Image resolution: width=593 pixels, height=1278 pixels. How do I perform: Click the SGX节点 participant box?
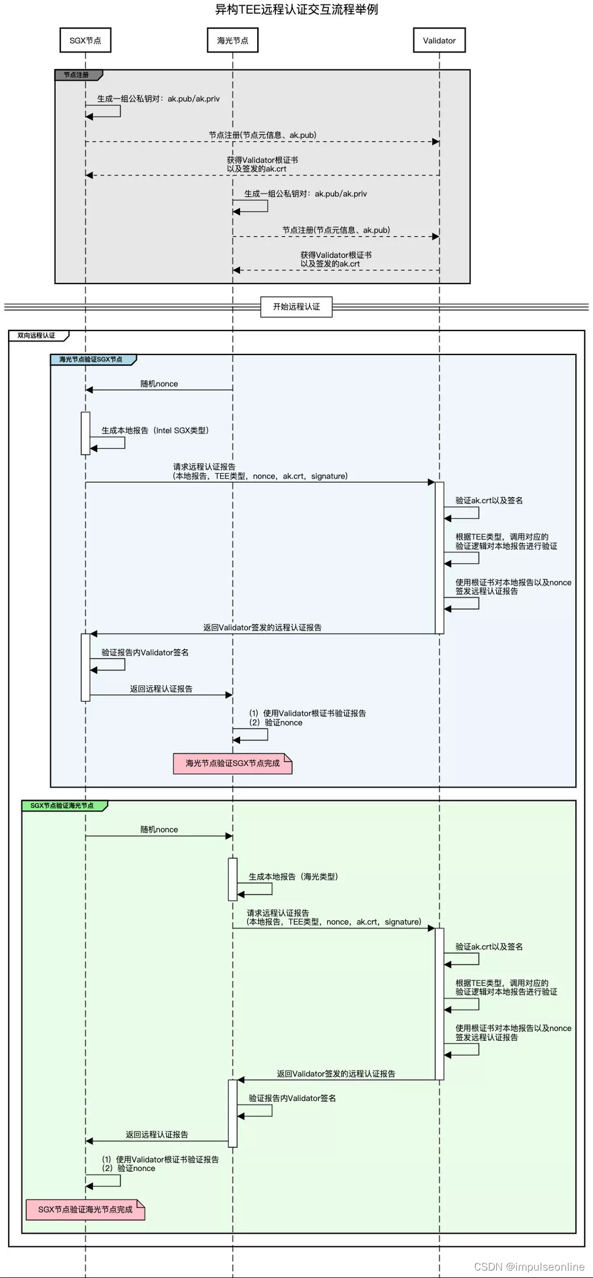pos(85,40)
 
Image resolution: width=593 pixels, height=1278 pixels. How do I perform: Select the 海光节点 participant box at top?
pos(233,40)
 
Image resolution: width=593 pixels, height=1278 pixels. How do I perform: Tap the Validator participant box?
pos(439,40)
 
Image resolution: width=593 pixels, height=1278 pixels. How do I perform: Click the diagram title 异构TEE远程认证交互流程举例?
pos(296,9)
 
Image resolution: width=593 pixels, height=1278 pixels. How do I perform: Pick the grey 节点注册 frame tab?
pos(77,75)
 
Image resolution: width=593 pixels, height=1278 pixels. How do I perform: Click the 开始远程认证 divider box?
pos(296,306)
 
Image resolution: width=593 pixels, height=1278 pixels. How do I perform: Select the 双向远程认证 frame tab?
pos(38,335)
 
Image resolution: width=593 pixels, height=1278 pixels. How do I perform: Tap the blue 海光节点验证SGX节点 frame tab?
pos(92,359)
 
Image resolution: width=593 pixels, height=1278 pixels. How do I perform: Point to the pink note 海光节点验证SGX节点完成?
pos(232,763)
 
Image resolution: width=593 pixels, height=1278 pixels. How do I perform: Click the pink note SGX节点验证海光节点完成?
pos(85,1209)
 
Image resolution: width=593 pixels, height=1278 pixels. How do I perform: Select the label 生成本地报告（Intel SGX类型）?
pos(155,430)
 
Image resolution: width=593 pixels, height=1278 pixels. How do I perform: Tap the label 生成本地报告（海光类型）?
pos(293,876)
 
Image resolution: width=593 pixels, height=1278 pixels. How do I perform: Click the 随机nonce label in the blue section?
pos(159,384)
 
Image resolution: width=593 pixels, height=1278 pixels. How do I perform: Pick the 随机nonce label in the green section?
pos(159,829)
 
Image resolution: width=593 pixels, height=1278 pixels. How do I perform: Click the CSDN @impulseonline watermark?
pos(529,1266)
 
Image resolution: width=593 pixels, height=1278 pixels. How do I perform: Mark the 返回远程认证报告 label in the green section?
pos(157,1134)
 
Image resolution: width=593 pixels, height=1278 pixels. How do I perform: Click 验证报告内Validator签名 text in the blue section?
pos(145,652)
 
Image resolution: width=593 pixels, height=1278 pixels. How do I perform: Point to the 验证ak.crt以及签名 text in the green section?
pos(489,946)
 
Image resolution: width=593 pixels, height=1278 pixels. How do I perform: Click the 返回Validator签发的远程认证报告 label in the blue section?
pos(262,627)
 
